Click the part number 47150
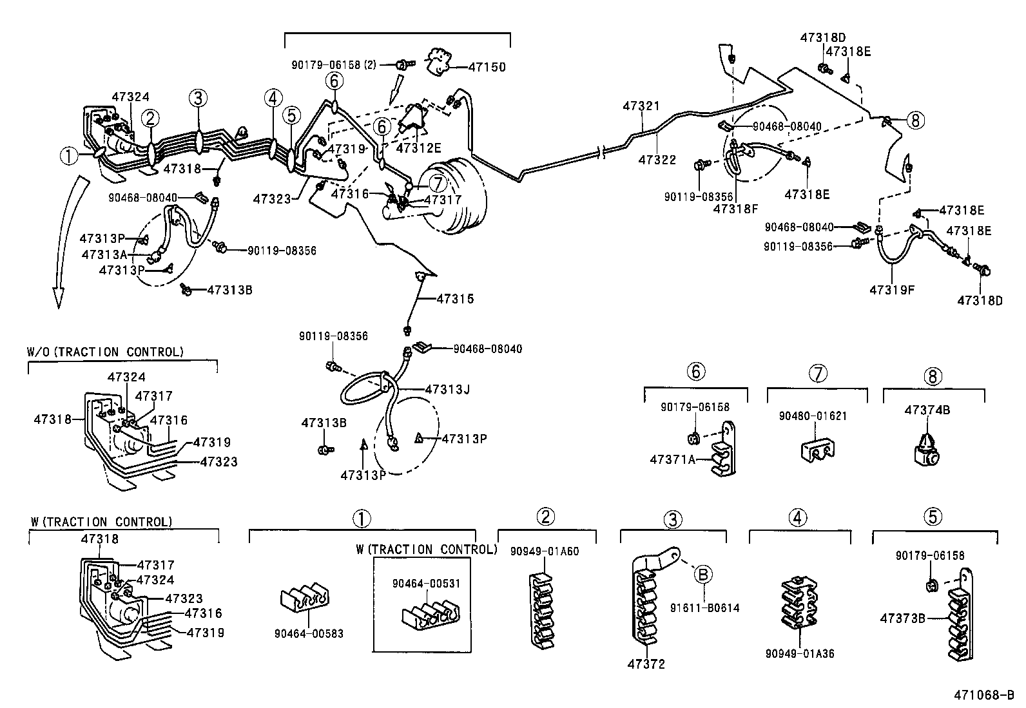pyautogui.click(x=487, y=67)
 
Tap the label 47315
pyautogui.click(x=455, y=299)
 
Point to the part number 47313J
pyautogui.click(x=447, y=389)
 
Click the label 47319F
pyautogui.click(x=891, y=290)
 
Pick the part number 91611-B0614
pyautogui.click(x=704, y=608)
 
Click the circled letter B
pyautogui.click(x=703, y=573)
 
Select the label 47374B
pyautogui.click(x=927, y=410)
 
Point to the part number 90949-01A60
pyautogui.click(x=545, y=551)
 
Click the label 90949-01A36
pyautogui.click(x=800, y=654)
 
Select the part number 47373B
pyautogui.click(x=903, y=618)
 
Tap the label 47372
pyautogui.click(x=646, y=664)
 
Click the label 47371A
pyautogui.click(x=673, y=459)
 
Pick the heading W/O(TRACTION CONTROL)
pyautogui.click(x=106, y=352)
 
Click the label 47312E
pyautogui.click(x=418, y=148)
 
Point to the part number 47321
pyautogui.click(x=641, y=106)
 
